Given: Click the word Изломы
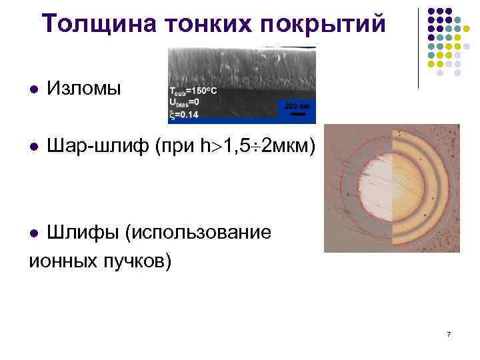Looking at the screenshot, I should (84, 89).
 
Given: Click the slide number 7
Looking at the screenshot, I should (449, 334).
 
